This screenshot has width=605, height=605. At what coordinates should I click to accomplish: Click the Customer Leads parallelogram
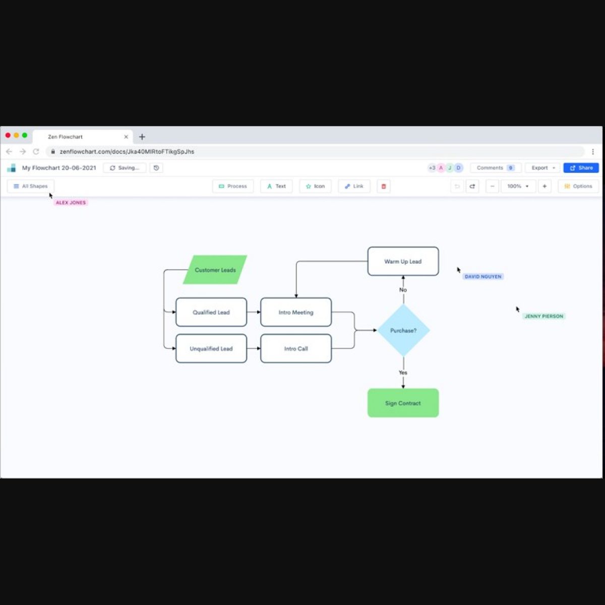click(x=215, y=270)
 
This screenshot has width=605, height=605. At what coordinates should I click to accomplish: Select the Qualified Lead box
click(x=211, y=312)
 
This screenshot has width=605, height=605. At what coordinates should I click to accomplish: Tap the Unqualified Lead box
click(x=211, y=348)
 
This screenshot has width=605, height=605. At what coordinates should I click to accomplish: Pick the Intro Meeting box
click(x=296, y=312)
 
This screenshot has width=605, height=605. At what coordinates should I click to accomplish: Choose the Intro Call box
click(x=296, y=348)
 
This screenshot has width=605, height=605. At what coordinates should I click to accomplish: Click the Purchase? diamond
click(x=403, y=331)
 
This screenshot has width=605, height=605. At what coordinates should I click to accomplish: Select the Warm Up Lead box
click(x=403, y=261)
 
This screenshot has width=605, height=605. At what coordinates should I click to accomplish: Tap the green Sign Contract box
click(x=403, y=403)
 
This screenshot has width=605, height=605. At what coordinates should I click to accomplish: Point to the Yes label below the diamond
click(x=403, y=373)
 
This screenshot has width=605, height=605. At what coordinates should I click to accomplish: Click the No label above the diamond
click(x=403, y=290)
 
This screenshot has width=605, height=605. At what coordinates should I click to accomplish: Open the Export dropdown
click(x=542, y=168)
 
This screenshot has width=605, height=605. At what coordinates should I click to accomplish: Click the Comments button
click(x=495, y=168)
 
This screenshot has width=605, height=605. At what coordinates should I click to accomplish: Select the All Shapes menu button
click(x=31, y=186)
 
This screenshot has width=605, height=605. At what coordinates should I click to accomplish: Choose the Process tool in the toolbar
click(x=233, y=186)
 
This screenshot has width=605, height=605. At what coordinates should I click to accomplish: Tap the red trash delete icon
click(x=384, y=186)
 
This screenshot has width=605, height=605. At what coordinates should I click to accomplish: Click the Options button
click(x=578, y=186)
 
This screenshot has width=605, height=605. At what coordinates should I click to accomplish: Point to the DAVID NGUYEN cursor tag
click(x=483, y=276)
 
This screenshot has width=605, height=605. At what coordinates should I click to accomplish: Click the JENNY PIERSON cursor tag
click(x=543, y=316)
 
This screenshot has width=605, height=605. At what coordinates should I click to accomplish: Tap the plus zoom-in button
click(x=544, y=186)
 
